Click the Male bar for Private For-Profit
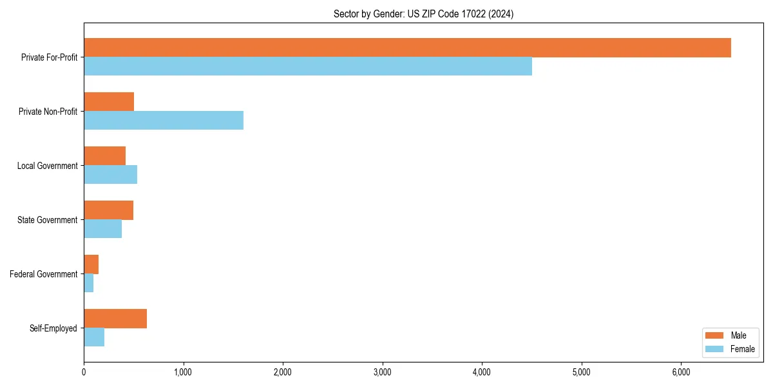[407, 48]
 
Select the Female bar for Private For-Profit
[308, 66]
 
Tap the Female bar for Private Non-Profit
[164, 121]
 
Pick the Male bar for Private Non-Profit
[109, 102]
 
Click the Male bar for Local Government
[104, 156]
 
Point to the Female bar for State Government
[102, 229]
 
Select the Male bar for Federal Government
[91, 264]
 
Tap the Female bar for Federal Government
[88, 283]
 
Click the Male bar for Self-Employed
[115, 319]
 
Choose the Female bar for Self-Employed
[94, 337]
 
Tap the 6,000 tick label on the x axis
[681, 372]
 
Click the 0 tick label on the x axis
[84, 372]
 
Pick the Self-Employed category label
[53, 328]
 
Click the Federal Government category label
[44, 274]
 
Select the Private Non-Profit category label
[48, 112]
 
